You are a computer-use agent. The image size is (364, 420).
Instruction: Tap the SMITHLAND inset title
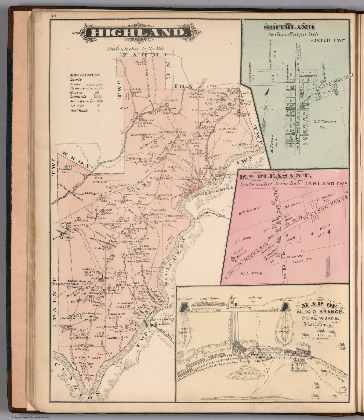point(289,28)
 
